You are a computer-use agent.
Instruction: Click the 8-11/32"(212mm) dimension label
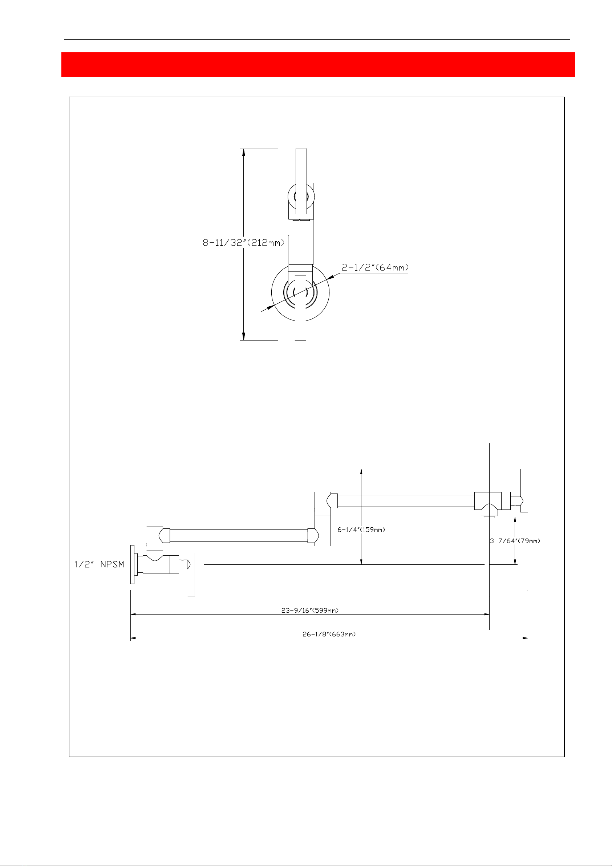click(244, 242)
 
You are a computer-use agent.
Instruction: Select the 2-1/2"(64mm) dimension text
click(375, 267)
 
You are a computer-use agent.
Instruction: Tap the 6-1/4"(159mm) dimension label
click(361, 529)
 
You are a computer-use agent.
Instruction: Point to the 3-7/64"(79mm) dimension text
click(515, 541)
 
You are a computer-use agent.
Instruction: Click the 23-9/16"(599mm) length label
click(310, 610)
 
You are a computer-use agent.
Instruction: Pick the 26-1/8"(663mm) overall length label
click(329, 634)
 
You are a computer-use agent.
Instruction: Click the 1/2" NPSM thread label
click(99, 564)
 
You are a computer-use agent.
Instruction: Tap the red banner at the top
click(318, 64)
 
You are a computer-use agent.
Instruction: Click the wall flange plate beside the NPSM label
click(132, 564)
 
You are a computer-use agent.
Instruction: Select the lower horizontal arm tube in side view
click(239, 536)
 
